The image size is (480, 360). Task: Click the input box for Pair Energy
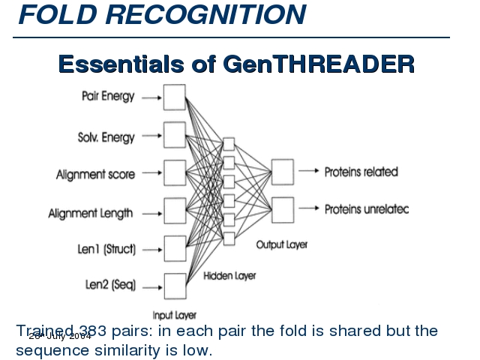point(174,97)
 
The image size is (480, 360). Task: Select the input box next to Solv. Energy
point(174,135)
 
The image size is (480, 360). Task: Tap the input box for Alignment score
point(174,172)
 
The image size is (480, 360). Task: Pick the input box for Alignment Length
point(174,211)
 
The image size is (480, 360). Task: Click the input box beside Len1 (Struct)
point(174,248)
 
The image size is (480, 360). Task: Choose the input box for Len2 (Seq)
point(174,286)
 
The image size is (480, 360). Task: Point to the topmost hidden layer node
point(229,144)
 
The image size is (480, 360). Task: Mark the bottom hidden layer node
point(229,238)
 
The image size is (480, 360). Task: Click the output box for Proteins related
point(283,172)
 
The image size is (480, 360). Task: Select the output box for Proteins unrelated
point(283,209)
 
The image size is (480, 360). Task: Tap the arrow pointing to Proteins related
point(308,172)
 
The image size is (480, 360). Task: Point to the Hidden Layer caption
point(229,276)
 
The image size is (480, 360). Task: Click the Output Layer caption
point(282,244)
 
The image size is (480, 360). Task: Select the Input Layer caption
point(174,316)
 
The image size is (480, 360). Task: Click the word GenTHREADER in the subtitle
point(319,64)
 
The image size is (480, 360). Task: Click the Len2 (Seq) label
point(109,286)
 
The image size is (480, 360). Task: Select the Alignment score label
point(95,174)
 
